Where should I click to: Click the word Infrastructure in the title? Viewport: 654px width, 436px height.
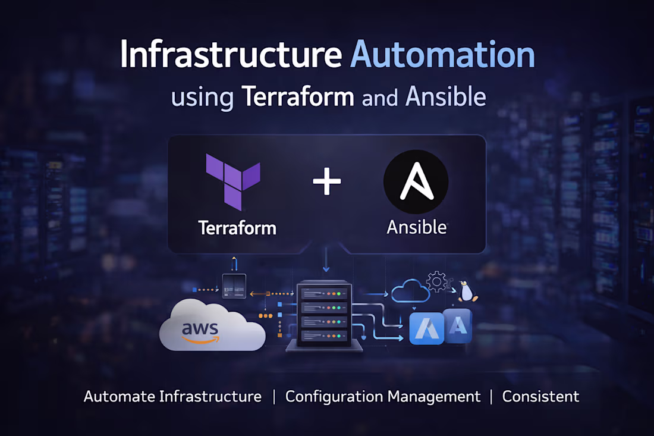point(230,55)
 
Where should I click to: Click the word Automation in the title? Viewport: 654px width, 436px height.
point(443,55)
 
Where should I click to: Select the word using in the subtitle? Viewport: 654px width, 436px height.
point(202,98)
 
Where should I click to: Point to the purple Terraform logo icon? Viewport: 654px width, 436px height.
point(233,181)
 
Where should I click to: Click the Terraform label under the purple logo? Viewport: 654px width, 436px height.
point(237,228)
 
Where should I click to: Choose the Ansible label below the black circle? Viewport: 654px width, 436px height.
point(416,227)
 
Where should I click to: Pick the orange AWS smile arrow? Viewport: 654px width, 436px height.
point(201,339)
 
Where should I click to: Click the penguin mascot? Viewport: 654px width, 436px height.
point(467,291)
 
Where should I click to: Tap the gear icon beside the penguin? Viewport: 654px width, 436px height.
point(438,281)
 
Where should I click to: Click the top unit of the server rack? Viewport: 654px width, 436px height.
point(324,293)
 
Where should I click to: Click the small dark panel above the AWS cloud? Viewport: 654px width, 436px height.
point(234,286)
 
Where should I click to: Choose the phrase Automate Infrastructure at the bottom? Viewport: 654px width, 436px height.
point(172,397)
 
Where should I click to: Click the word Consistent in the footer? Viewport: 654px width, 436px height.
point(540,397)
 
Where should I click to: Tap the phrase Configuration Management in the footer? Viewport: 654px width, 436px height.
point(383,397)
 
